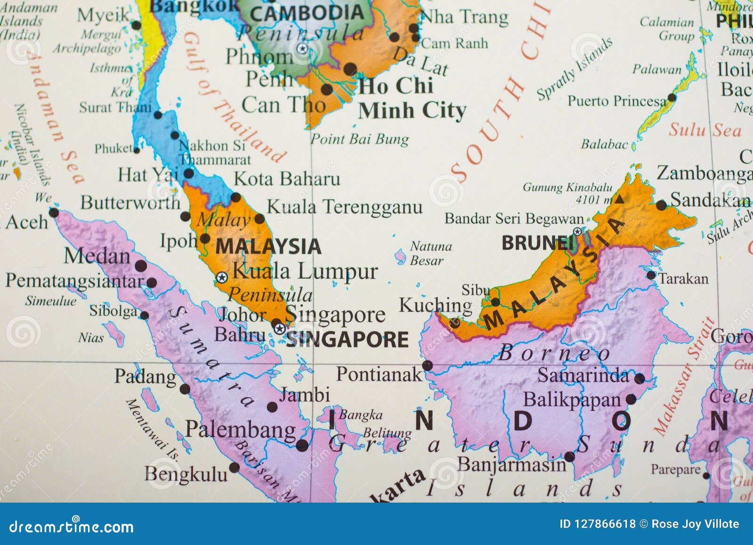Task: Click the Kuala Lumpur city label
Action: point(305,272)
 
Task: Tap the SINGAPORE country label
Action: point(347,340)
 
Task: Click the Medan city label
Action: point(97,256)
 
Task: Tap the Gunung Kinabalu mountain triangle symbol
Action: point(620,199)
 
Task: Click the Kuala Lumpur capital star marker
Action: point(222,277)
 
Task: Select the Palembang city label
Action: point(240,430)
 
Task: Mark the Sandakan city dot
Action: point(661,205)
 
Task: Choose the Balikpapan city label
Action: point(572,400)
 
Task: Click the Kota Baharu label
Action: point(287,179)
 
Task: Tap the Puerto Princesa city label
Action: point(617,101)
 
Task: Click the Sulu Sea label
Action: point(705,130)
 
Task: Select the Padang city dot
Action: point(185,389)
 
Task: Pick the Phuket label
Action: point(113,149)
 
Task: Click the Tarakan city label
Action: point(682,279)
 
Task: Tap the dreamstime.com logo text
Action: point(72,527)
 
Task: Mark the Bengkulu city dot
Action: point(234,468)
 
